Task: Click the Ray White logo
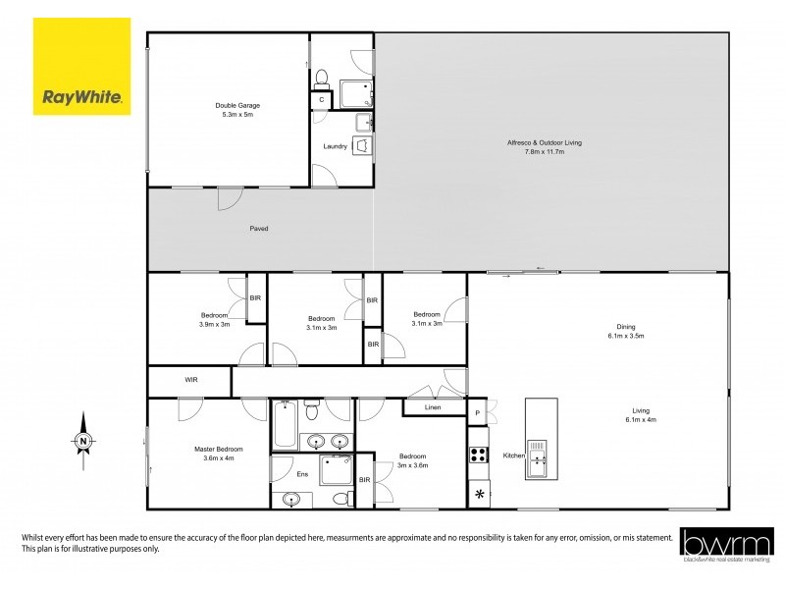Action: tap(81, 67)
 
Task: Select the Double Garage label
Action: tap(237, 110)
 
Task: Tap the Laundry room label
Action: tap(336, 147)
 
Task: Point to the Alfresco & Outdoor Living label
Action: tap(535, 147)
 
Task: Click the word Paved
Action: tap(258, 229)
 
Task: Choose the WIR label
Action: tap(191, 379)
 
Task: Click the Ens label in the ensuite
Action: tap(302, 474)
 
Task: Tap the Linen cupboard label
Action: tap(432, 406)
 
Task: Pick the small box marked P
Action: tap(477, 413)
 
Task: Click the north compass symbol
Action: tap(84, 442)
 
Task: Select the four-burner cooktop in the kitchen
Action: tap(480, 455)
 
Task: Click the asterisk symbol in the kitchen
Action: tap(480, 494)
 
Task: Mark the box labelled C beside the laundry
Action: tap(321, 100)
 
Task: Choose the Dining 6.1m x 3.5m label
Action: tap(624, 331)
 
